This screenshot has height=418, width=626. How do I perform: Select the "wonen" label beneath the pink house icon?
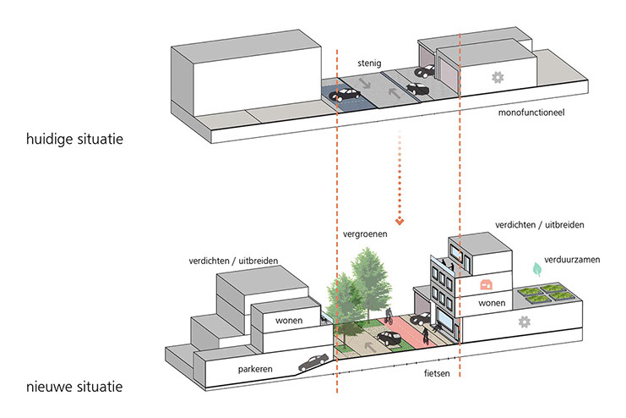(x=492, y=302)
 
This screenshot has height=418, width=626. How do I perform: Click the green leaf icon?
(x=536, y=270)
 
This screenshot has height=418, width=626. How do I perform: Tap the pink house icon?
(x=486, y=284)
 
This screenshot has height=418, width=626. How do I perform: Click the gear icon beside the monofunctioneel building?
(x=497, y=77)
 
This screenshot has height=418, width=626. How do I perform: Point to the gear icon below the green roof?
(x=525, y=322)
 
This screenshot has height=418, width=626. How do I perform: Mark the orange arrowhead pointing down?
(x=400, y=222)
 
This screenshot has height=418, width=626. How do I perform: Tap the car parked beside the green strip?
(x=388, y=339)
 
